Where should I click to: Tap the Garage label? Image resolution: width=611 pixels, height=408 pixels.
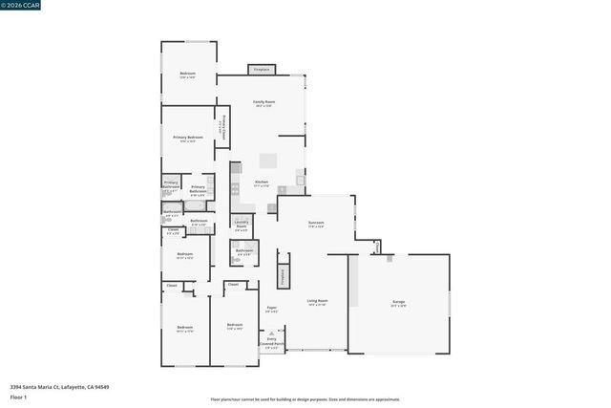(398, 304)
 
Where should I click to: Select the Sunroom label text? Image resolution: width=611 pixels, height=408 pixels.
(316, 225)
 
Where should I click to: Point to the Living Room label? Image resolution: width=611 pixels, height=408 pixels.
(317, 303)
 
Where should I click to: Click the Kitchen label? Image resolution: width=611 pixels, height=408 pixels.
(261, 183)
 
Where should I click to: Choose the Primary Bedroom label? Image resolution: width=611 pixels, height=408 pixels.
(188, 140)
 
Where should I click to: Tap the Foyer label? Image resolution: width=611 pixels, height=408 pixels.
(271, 310)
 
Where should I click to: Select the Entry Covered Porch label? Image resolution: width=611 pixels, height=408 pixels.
(273, 343)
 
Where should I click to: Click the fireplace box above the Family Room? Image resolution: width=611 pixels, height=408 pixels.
(261, 69)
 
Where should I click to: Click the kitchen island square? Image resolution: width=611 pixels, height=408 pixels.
(269, 161)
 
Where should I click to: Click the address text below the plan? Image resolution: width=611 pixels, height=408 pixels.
(59, 387)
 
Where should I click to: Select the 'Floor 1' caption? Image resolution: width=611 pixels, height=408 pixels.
(19, 397)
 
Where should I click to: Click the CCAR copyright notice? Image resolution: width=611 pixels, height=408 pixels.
(21, 4)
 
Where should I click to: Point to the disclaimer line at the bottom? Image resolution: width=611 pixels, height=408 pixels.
(305, 399)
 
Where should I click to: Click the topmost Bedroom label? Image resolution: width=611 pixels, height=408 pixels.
(188, 75)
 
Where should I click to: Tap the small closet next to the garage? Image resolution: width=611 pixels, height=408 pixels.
(377, 247)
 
